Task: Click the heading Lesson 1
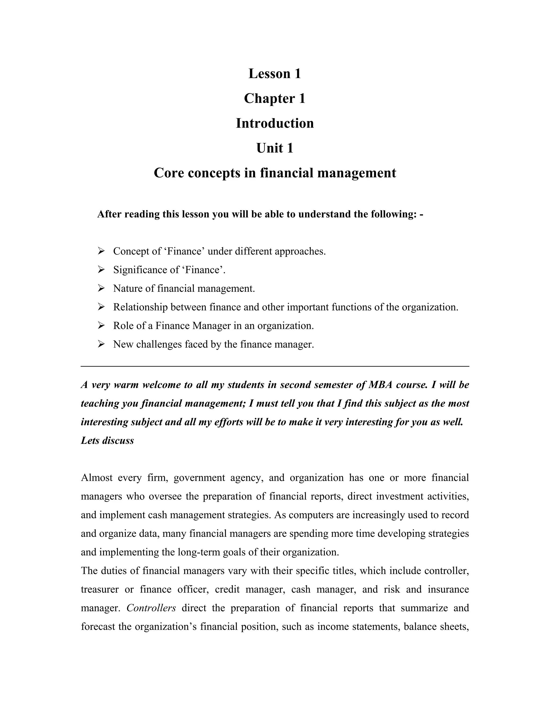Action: tap(275, 74)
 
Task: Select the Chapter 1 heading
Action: tap(275, 98)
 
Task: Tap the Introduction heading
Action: tap(275, 123)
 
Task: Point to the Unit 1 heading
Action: tap(275, 148)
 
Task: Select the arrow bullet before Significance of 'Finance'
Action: tap(101, 269)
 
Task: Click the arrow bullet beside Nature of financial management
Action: tap(101, 288)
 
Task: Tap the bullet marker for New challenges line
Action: tap(101, 344)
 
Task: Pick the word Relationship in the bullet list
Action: tap(140, 307)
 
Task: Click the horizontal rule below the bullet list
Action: tap(275, 366)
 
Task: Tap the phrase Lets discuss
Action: tap(107, 441)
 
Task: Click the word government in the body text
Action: tap(199, 478)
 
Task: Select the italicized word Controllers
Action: tap(151, 608)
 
